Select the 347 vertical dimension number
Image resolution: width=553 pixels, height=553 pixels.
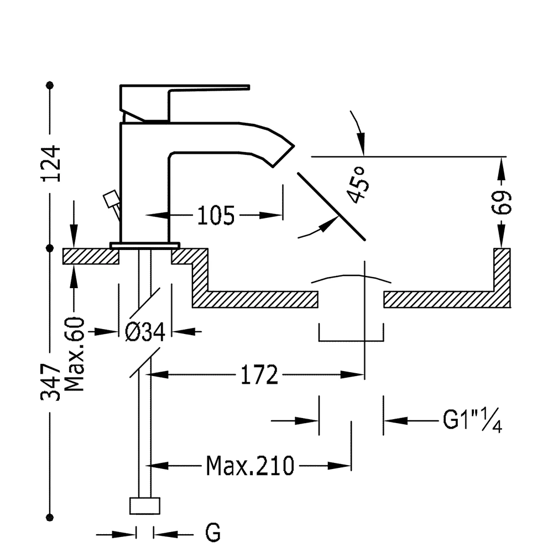coord(51,382)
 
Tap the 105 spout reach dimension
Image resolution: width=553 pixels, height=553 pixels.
coord(216,216)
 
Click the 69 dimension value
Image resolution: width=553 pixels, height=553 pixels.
coord(502,203)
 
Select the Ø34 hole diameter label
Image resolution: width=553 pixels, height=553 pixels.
coord(145,332)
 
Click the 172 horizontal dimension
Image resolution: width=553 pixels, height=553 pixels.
coord(259,375)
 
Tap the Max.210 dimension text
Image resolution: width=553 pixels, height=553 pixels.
coord(250,466)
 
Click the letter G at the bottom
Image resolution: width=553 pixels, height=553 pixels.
coord(213,534)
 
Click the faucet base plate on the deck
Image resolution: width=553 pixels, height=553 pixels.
coord(145,245)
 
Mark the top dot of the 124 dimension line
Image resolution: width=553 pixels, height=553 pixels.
coord(51,85)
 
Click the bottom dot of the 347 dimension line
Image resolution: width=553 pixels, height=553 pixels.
coord(51,517)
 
